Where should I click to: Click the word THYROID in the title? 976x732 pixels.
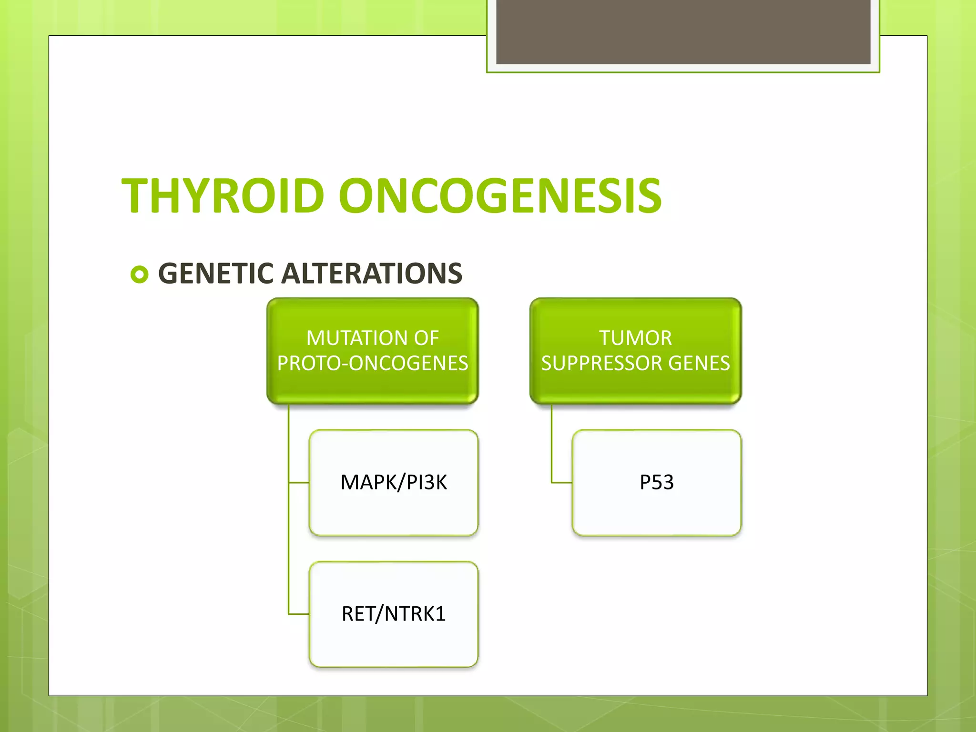(223, 196)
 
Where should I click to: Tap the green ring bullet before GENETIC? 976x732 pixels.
(139, 274)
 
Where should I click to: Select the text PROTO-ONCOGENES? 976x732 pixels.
(373, 364)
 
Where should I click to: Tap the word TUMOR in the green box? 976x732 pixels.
(635, 338)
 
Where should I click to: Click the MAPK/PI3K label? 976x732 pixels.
(394, 482)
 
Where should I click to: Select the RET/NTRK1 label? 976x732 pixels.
(394, 614)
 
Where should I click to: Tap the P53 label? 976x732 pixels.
(656, 482)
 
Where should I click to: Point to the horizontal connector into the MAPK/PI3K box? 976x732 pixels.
(299, 483)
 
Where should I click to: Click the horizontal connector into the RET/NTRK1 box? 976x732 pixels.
(299, 614)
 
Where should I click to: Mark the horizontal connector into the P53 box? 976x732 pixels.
(562, 483)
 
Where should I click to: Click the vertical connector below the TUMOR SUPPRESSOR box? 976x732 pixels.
(552, 443)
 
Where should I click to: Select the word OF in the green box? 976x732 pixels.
(426, 338)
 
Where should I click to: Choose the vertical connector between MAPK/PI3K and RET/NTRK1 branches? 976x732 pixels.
(289, 548)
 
